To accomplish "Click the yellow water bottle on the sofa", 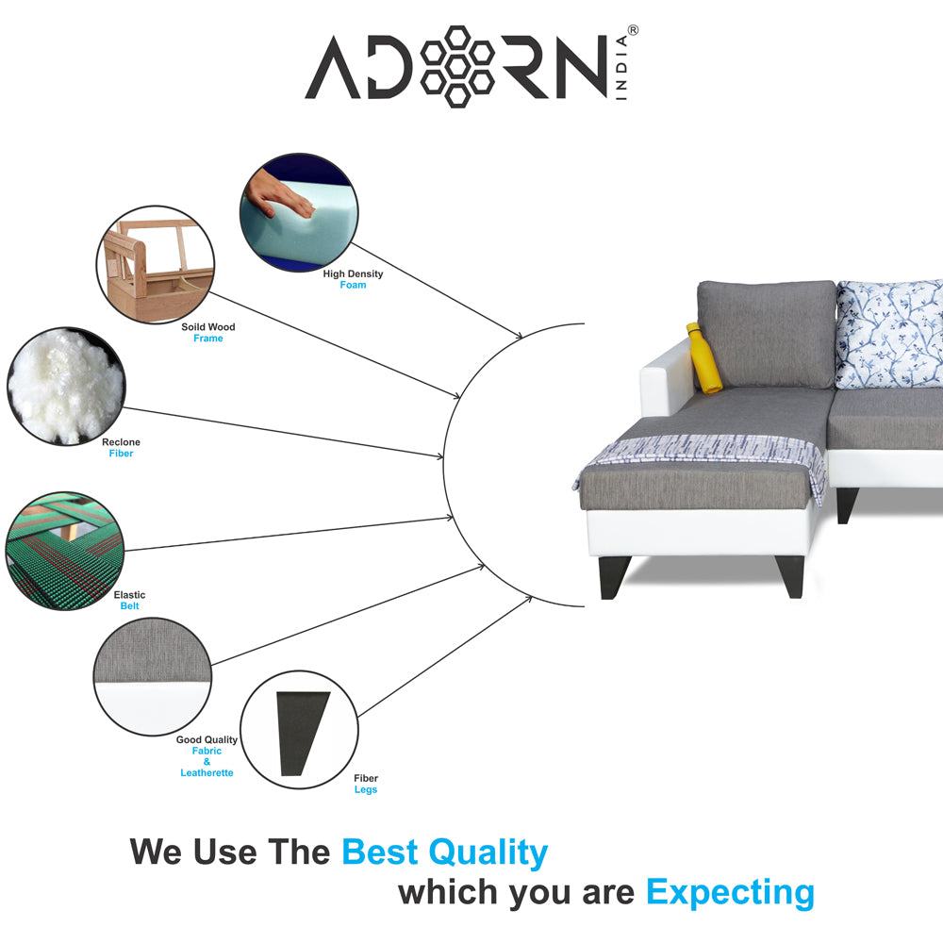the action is pyautogui.click(x=703, y=358).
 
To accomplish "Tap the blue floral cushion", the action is pyautogui.click(x=890, y=334).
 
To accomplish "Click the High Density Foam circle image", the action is pyautogui.click(x=300, y=212).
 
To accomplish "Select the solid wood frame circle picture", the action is pyautogui.click(x=156, y=265).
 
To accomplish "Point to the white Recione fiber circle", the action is pyautogui.click(x=66, y=386).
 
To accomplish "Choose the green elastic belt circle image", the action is pyautogui.click(x=65, y=551).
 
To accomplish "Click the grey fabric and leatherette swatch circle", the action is pyautogui.click(x=153, y=676).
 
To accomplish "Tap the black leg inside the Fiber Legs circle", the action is pyautogui.click(x=302, y=733).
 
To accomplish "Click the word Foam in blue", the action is pyautogui.click(x=353, y=285).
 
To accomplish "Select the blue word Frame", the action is pyautogui.click(x=208, y=339).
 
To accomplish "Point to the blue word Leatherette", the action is pyautogui.click(x=207, y=773).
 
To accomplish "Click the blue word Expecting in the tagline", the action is pyautogui.click(x=730, y=893).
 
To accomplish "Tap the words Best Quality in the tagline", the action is pyautogui.click(x=445, y=852).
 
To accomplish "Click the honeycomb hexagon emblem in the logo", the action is pyautogui.click(x=457, y=66).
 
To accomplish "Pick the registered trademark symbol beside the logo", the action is pyautogui.click(x=633, y=30).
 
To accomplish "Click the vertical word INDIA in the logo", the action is pyautogui.click(x=621, y=67).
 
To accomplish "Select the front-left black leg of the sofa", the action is pyautogui.click(x=615, y=577).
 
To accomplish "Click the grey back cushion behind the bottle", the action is pyautogui.click(x=767, y=334).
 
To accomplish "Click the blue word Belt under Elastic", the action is pyautogui.click(x=129, y=606).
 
